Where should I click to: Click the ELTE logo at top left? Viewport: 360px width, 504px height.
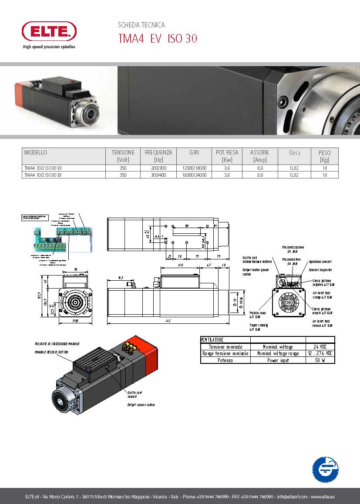click(49, 31)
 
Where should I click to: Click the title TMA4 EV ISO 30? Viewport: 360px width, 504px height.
click(158, 39)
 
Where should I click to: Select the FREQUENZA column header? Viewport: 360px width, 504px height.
click(158, 156)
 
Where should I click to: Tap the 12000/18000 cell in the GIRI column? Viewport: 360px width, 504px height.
click(194, 168)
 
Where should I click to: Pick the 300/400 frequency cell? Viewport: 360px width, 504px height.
click(158, 175)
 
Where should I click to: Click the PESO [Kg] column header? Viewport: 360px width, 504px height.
click(324, 156)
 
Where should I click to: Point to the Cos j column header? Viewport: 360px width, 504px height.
click(294, 153)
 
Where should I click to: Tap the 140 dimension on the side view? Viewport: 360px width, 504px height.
click(180, 265)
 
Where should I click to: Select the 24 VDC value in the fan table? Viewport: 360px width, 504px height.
click(320, 347)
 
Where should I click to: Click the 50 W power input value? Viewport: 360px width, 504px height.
click(320, 360)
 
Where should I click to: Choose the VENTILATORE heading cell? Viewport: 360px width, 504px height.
click(212, 339)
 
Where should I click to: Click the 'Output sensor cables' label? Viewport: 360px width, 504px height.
click(141, 405)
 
